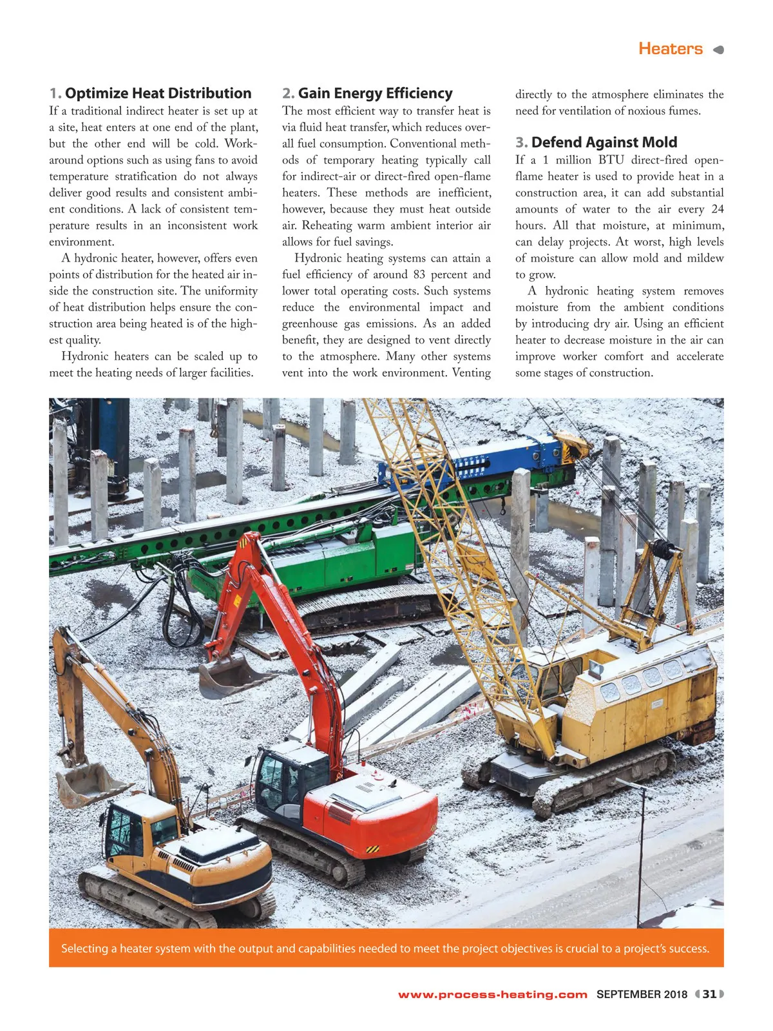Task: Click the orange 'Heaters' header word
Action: pos(670,49)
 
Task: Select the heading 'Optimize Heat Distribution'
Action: pos(158,93)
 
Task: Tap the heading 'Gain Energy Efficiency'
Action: pos(375,93)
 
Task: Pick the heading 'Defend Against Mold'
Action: pos(604,142)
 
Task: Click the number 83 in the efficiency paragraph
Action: pos(419,275)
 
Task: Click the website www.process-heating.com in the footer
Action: pos(493,994)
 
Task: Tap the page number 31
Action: pos(709,994)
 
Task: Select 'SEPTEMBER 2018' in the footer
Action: pos(642,994)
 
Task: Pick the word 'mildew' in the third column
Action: pos(705,258)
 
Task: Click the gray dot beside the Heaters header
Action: pos(719,50)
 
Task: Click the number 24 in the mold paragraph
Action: pos(717,209)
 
